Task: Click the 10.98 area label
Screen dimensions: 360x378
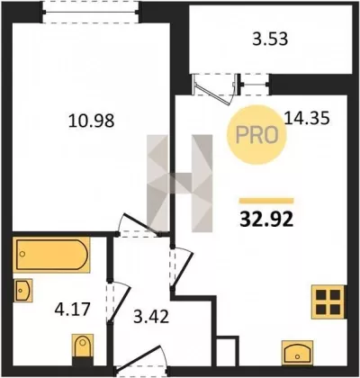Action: point(92,121)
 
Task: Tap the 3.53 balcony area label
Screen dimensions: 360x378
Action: point(270,39)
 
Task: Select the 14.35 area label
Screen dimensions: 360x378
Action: point(307,118)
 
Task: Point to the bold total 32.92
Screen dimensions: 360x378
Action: point(266,220)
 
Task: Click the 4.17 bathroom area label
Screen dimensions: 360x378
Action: point(72,309)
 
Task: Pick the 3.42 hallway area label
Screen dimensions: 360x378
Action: point(151,317)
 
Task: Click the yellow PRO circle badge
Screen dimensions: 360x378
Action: point(256,135)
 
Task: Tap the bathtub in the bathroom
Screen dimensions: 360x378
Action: point(51,255)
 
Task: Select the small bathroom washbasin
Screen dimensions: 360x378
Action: point(22,291)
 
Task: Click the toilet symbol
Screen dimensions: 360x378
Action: point(83,349)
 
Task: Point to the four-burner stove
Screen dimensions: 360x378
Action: point(328,301)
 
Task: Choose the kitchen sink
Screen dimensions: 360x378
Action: point(297,353)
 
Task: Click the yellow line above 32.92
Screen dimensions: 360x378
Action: point(266,201)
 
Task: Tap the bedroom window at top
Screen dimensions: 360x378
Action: point(91,12)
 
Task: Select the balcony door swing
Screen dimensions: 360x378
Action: point(213,89)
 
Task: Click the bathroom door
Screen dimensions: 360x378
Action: point(119,303)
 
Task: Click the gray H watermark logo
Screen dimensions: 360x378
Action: point(179,184)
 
